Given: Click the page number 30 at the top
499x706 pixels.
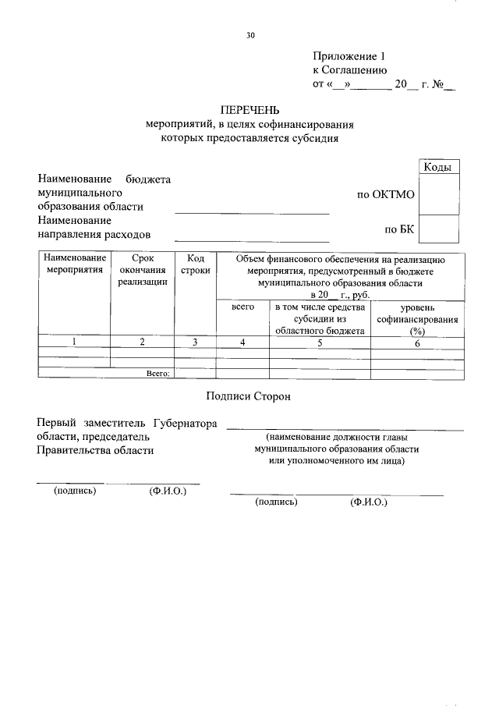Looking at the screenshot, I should pyautogui.click(x=250, y=35).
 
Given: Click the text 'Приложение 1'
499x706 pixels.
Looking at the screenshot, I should pyautogui.click(x=349, y=56).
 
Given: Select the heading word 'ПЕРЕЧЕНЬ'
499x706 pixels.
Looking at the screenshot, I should pyautogui.click(x=249, y=110).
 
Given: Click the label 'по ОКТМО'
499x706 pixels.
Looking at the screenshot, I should pyautogui.click(x=385, y=194).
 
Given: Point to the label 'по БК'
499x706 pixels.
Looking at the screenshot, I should pyautogui.click(x=400, y=229).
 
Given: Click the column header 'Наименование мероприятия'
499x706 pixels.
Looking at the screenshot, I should pyautogui.click(x=74, y=264).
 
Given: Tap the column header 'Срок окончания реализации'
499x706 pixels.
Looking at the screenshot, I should pyautogui.click(x=143, y=270).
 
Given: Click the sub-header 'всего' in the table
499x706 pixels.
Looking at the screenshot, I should pyautogui.click(x=243, y=309).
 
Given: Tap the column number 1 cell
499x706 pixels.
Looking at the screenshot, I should pyautogui.click(x=74, y=342).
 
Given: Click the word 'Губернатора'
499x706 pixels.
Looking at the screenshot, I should pyautogui.click(x=185, y=423).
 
